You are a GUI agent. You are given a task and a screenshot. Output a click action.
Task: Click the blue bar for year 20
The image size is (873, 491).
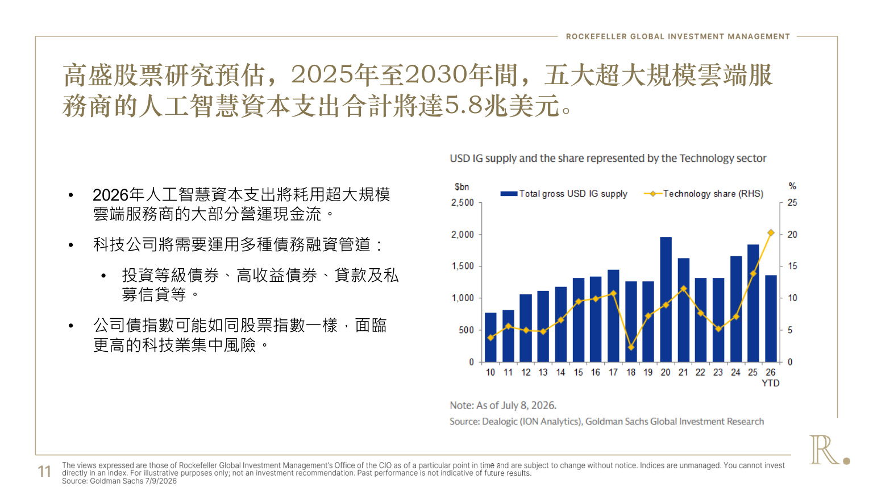(666, 299)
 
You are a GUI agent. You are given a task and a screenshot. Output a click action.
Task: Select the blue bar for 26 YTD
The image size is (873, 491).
(771, 318)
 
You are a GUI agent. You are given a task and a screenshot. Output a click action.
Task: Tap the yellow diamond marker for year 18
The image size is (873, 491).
(631, 347)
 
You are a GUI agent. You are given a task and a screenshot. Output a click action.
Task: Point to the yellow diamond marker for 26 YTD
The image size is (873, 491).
(771, 232)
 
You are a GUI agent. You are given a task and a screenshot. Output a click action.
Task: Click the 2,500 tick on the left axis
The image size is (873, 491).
(462, 203)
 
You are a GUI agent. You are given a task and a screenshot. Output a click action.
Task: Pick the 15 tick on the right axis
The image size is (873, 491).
(792, 266)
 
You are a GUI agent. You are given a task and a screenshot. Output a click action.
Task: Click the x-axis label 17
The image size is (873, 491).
(613, 373)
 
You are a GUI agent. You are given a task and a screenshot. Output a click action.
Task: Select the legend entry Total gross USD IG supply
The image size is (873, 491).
(564, 194)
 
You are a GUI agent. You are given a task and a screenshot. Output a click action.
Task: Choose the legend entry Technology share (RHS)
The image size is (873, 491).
(704, 194)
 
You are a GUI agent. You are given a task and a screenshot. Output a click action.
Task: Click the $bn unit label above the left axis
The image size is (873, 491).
(462, 186)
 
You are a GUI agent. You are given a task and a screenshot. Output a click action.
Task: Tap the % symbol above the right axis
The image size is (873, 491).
(792, 186)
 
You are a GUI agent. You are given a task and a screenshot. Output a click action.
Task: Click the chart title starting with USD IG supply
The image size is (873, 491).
(608, 158)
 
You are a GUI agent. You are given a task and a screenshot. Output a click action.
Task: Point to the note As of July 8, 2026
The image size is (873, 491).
(503, 405)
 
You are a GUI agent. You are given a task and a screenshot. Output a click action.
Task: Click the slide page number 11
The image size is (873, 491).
(44, 472)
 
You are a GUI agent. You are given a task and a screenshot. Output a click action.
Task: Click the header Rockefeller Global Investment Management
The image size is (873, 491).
(678, 36)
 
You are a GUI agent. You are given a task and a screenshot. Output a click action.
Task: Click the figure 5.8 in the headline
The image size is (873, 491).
(463, 105)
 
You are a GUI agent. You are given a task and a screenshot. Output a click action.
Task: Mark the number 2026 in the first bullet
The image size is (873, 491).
(111, 195)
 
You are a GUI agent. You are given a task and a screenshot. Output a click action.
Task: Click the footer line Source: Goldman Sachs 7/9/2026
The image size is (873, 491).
(119, 481)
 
